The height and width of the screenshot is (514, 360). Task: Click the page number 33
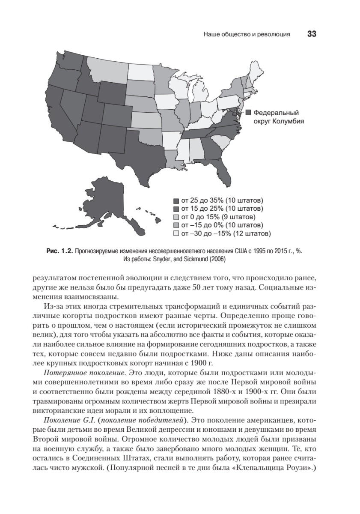[x=311, y=34]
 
